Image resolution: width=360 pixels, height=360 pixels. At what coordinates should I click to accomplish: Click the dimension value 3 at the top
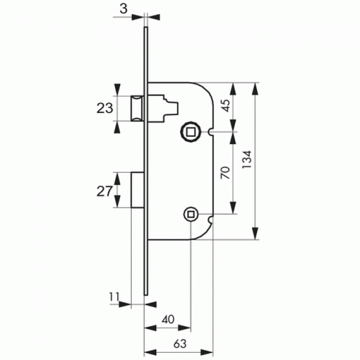124,9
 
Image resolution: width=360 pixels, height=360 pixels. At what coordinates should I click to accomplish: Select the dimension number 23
105,109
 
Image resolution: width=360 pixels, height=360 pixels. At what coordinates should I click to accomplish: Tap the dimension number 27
105,191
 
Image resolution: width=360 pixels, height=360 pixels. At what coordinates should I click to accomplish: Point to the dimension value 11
114,297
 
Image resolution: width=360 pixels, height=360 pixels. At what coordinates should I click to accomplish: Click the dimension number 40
168,320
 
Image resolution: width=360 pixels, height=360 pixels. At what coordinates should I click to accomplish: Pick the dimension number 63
180,344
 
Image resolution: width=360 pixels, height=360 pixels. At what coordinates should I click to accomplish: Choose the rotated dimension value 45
226,106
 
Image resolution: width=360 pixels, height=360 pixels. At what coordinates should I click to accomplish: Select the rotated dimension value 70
225,173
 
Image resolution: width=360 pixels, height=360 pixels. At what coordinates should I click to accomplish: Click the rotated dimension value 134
247,160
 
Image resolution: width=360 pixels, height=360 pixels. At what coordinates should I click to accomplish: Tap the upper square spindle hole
191,132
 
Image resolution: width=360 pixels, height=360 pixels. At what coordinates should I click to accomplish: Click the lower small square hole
191,214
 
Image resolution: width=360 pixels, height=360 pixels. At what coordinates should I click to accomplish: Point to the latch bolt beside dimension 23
137,109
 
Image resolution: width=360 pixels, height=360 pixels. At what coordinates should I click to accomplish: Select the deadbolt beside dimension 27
137,190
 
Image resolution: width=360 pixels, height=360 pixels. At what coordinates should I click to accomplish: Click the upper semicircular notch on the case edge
211,132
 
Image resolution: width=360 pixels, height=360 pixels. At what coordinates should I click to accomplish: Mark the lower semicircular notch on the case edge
211,220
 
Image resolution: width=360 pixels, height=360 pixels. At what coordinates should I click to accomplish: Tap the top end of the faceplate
146,27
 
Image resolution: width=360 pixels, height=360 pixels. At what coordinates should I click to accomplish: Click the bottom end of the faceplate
146,295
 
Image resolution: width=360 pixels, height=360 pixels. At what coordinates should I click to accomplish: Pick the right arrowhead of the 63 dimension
207,352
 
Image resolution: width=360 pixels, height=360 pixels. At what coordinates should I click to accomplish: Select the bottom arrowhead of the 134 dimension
255,234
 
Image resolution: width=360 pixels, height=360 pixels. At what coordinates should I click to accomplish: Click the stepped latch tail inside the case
163,109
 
